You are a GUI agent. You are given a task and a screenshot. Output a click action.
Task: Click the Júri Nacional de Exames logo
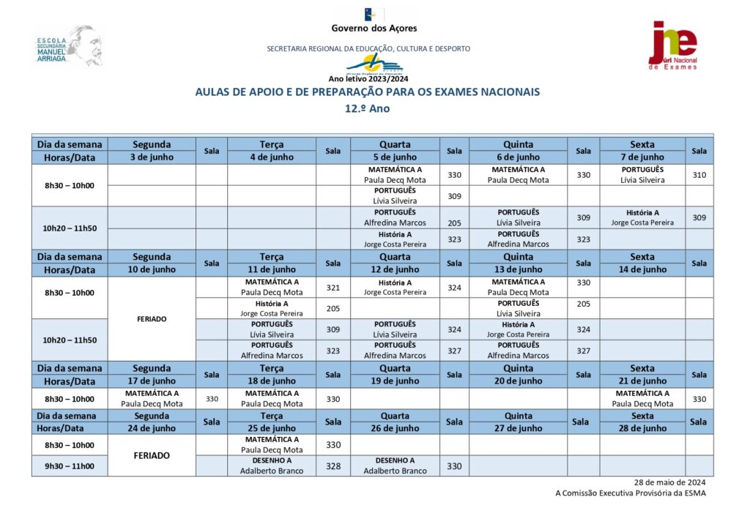[673, 45]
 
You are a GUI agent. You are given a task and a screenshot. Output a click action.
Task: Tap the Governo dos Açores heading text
[374, 29]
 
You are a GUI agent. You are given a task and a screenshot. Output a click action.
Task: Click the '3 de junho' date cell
[152, 157]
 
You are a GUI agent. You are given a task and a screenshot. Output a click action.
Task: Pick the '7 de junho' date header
[642, 157]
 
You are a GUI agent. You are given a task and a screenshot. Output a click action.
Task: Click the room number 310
[699, 175]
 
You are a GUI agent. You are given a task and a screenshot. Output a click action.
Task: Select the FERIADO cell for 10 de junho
[152, 319]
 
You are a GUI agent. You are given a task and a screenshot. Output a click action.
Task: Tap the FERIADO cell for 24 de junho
[152, 455]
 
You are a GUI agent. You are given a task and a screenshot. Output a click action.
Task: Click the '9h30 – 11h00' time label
[70, 466]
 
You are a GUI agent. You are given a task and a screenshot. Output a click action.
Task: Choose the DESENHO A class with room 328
[272, 466]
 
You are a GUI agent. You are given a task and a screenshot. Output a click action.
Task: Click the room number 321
[333, 288]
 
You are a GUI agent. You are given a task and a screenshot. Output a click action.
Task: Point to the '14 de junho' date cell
[642, 269]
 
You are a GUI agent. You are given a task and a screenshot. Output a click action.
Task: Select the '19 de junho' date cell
[395, 381]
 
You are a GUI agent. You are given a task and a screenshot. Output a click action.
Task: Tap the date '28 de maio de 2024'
[669, 482]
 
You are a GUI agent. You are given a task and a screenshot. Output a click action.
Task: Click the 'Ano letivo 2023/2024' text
[368, 79]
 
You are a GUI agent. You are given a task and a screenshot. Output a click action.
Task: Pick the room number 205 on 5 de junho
[454, 223]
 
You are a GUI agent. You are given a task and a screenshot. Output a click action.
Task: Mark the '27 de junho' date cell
[518, 428]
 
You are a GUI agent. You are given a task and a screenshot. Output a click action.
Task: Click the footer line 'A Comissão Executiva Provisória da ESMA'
[631, 493]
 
